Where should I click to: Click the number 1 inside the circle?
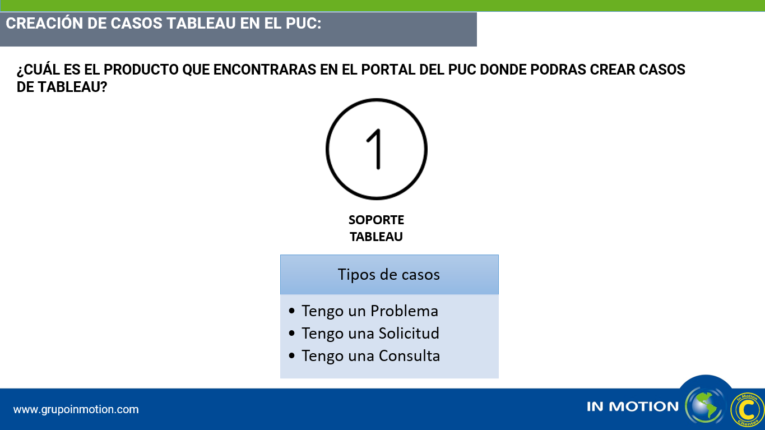tap(375, 149)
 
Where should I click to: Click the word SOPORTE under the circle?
tap(376, 220)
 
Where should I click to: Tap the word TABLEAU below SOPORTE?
tap(376, 237)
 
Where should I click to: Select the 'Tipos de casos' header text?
tap(388, 275)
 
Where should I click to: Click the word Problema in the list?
tap(404, 311)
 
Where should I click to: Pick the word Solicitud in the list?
tap(409, 334)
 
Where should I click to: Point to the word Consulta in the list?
tap(409, 356)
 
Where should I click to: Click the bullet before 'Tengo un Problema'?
tap(291, 311)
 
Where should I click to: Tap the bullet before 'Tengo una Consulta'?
tap(291, 356)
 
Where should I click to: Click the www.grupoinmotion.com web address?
tap(76, 409)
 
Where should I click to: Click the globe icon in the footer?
tap(705, 405)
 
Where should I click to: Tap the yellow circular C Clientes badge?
tap(747, 409)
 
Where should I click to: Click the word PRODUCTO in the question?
tap(141, 70)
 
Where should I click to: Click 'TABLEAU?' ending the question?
tap(72, 87)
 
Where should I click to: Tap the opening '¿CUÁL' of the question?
tap(38, 70)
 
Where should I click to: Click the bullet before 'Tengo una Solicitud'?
tap(291, 334)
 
